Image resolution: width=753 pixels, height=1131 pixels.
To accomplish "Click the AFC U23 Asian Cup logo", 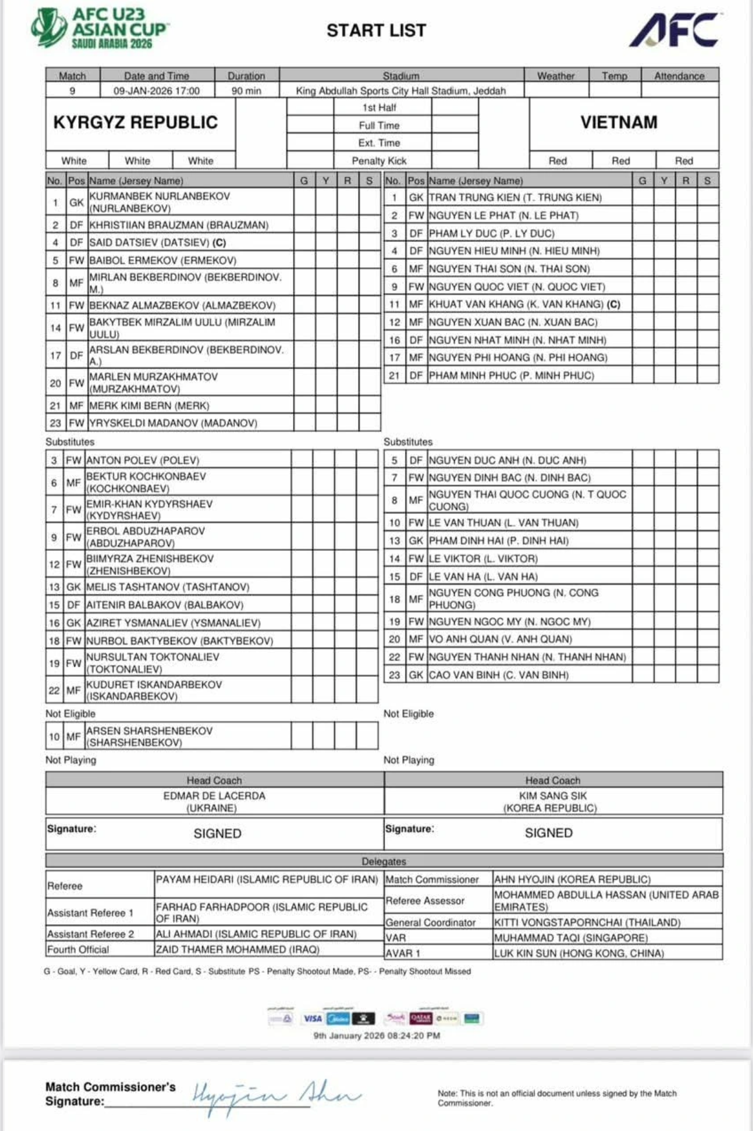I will point(100,28).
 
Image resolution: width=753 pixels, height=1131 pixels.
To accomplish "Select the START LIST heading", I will point(376,30).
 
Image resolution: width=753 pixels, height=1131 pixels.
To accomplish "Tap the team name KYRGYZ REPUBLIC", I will point(136,122).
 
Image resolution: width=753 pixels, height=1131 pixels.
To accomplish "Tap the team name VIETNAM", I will point(619,122).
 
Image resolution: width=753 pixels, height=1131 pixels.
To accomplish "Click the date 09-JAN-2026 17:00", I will point(157,91).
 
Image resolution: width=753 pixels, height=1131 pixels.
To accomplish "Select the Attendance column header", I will point(679,76).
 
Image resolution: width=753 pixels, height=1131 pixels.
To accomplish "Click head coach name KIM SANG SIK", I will point(553,796).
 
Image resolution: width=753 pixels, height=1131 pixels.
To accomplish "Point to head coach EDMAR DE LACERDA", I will point(214,796).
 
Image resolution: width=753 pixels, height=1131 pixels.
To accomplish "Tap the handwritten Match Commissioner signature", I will point(275,1095).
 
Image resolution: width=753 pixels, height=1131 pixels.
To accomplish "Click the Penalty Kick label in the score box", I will point(379,161).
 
